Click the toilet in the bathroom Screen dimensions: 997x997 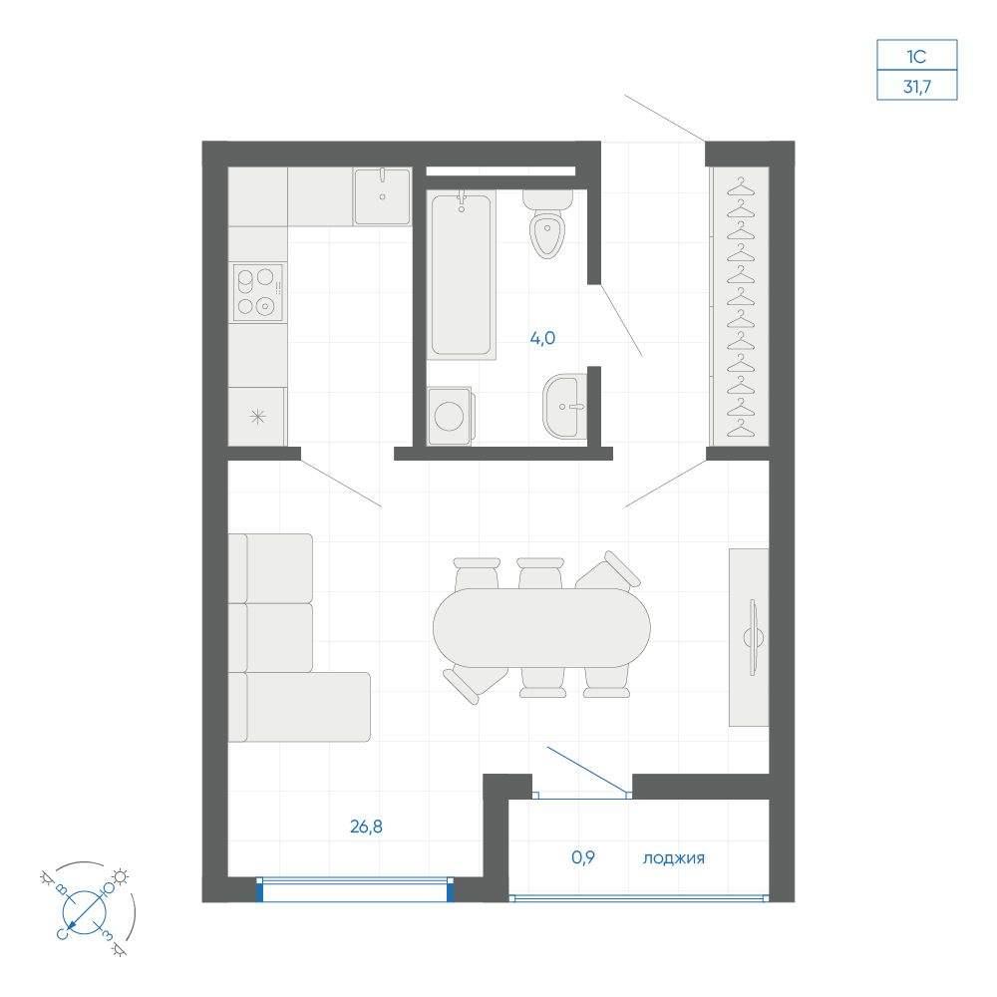547,224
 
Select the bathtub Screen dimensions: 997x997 461,275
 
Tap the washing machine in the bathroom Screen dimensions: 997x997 451,416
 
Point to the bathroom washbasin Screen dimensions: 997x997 564,407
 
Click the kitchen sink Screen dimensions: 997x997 382,196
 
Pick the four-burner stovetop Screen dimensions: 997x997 257,292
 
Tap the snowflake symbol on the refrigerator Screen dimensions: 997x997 257,417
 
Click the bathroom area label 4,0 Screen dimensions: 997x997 542,338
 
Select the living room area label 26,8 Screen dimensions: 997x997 366,827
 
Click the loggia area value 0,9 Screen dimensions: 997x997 583,857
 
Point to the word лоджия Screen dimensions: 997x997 673,858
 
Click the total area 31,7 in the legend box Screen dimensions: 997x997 917,86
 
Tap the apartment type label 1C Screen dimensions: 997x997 916,57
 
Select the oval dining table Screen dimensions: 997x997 541,627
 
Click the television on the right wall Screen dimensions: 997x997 754,637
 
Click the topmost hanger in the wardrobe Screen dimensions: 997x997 740,188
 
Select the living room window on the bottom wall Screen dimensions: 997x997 356,889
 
